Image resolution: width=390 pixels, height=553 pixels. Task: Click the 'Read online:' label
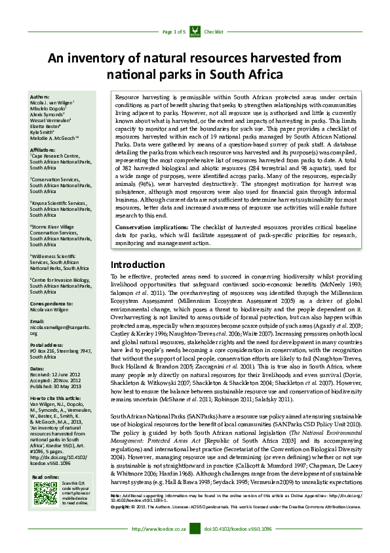(x=45, y=476)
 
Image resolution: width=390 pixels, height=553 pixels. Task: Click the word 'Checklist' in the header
(x=214, y=32)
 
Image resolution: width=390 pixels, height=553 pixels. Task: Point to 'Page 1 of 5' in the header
(x=174, y=32)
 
